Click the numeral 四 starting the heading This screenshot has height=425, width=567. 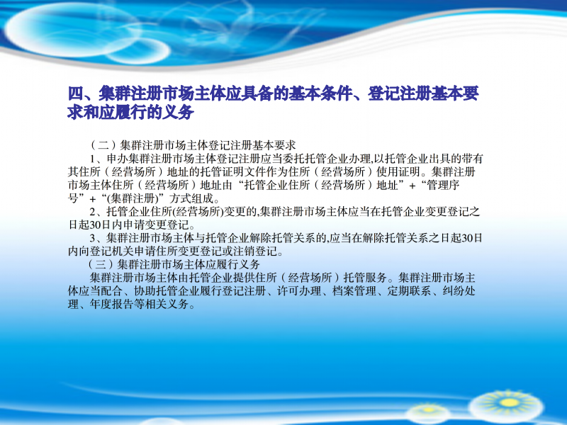[x=76, y=94]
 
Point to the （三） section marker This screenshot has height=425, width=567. [x=101, y=264]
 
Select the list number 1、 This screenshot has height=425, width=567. [x=98, y=159]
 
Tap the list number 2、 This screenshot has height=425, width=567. [x=98, y=211]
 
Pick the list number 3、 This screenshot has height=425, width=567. [x=98, y=238]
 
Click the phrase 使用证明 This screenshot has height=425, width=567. [x=398, y=171]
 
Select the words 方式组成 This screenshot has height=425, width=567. [x=191, y=198]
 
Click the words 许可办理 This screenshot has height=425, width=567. [x=299, y=291]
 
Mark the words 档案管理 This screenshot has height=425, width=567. [x=354, y=291]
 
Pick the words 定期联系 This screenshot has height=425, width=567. [x=409, y=291]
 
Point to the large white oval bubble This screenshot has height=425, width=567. [x=69, y=30]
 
